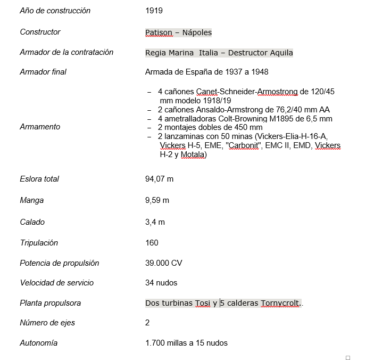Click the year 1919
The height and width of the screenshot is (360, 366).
154,11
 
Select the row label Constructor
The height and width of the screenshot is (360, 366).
40,32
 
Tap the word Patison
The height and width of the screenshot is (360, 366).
159,32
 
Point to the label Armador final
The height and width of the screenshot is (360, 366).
43,72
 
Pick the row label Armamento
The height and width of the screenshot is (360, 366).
40,127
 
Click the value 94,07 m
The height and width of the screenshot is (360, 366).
159,179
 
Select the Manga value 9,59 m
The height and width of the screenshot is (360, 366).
157,200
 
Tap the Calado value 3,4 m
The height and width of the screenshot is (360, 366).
155,222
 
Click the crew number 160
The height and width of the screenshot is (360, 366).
152,243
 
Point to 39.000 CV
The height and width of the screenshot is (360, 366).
164,263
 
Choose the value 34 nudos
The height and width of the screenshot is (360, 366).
161,283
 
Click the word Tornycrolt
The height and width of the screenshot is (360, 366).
281,303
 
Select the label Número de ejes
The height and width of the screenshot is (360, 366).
47,323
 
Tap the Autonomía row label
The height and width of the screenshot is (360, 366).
38,343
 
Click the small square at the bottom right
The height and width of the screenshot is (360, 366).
348,357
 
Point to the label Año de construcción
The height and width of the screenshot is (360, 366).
55,11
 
